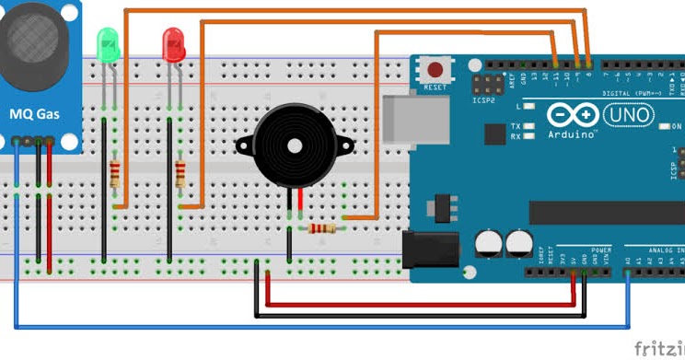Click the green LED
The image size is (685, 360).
(109, 44)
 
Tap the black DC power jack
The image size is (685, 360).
(431, 249)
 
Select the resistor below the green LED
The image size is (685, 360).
(115, 173)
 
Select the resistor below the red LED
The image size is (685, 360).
(180, 173)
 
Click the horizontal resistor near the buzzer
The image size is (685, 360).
(322, 227)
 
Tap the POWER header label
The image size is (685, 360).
(600, 250)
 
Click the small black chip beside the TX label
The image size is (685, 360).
(494, 133)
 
